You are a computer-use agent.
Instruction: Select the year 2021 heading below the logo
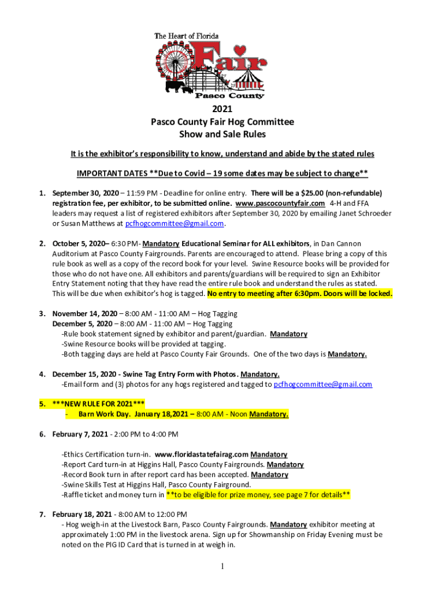click(222, 110)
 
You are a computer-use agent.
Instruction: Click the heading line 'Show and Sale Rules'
click(222, 135)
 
